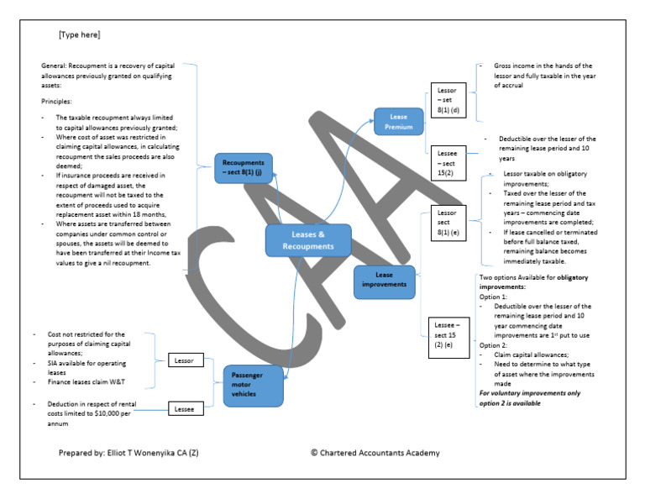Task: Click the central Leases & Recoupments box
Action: tap(307, 240)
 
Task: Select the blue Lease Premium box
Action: tap(399, 122)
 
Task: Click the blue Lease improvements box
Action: tap(384, 281)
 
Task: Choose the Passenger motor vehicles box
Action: tap(253, 385)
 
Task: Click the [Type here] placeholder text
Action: tap(79, 35)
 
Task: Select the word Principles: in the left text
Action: tap(58, 101)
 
